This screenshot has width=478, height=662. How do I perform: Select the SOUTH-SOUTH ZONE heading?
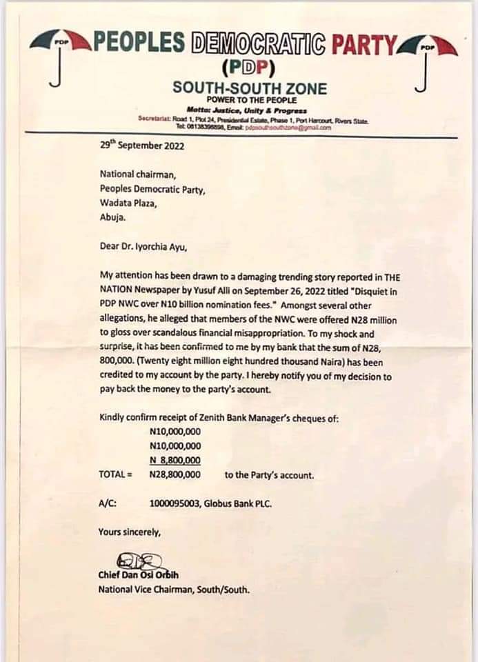250,88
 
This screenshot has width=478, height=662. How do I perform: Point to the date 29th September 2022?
141,146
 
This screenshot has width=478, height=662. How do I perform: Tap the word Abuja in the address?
114,218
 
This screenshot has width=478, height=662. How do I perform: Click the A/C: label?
108,503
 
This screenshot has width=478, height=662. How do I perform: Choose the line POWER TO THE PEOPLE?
250,101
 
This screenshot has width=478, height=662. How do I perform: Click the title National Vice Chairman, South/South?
174,590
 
